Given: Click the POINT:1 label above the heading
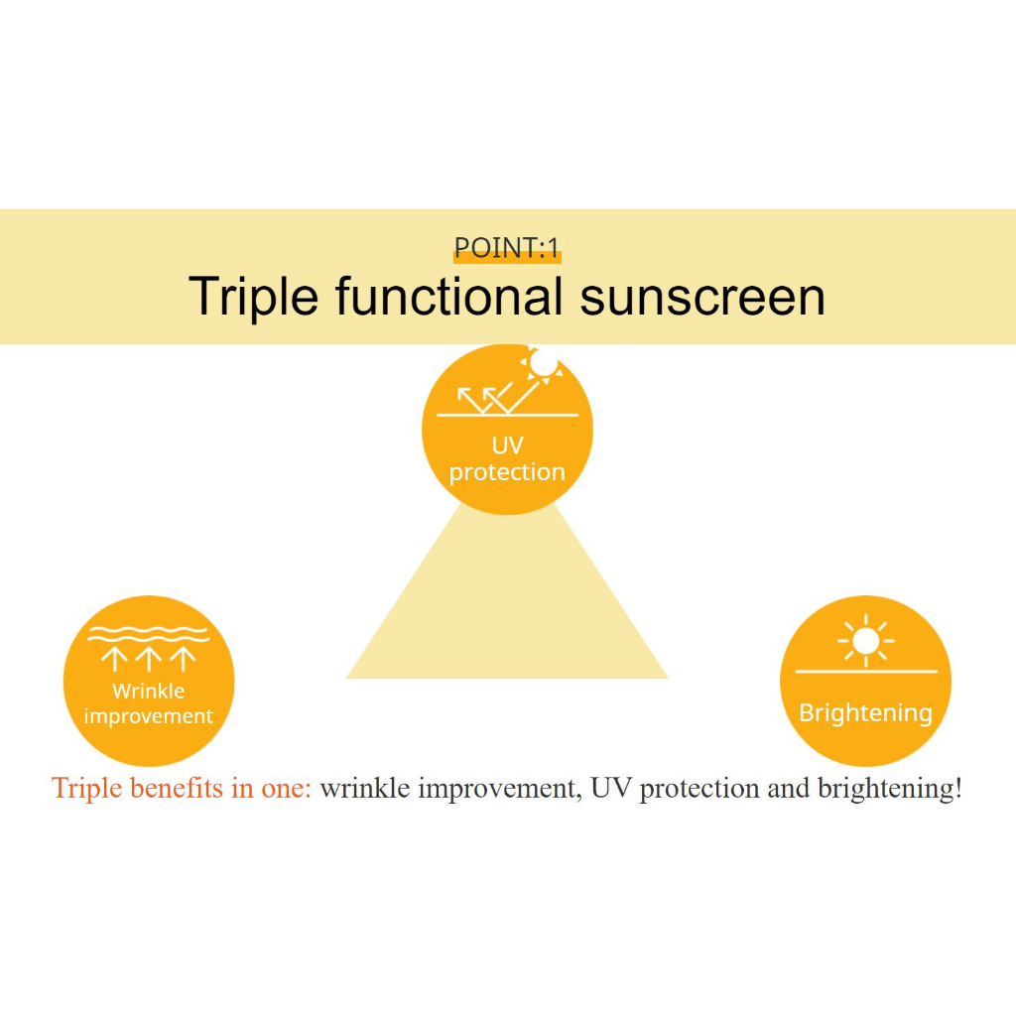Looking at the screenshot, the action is click(507, 247).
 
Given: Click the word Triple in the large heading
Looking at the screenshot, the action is click(253, 298).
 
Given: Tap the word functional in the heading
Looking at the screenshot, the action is click(449, 296).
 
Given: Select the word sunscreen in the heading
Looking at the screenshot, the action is click(702, 298).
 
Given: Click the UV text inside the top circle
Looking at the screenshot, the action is click(507, 445).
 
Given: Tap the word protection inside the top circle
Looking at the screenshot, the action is click(507, 472).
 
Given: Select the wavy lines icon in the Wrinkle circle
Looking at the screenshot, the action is click(149, 634).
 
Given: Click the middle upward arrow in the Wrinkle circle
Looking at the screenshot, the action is click(149, 659).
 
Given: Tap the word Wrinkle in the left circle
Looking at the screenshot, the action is click(149, 691).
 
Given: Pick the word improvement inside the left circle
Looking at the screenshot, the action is click(149, 716).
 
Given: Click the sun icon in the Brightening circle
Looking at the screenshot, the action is click(865, 641).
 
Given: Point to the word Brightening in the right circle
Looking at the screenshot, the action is click(865, 713).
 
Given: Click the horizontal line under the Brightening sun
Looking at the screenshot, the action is click(866, 672).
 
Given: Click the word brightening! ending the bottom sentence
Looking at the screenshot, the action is click(890, 789).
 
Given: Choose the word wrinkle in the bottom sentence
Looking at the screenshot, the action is click(365, 789).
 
